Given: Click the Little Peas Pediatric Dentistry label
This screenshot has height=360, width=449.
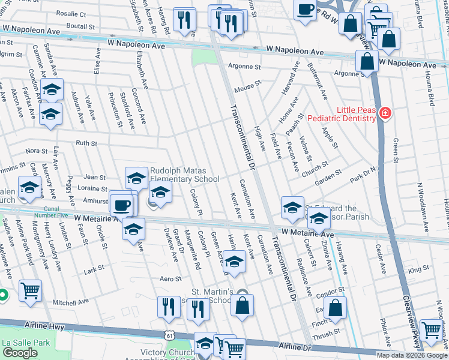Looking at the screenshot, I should (341, 114).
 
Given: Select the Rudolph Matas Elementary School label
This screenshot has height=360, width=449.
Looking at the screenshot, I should (185, 175).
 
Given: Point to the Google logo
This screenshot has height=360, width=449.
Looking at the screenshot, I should (20, 353).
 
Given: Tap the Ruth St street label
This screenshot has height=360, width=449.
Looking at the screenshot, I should (86, 143).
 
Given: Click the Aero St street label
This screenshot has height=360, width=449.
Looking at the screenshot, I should (170, 279).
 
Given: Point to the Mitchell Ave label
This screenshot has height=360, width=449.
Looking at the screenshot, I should (71, 303).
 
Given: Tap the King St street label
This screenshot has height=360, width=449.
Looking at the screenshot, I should (415, 271).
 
